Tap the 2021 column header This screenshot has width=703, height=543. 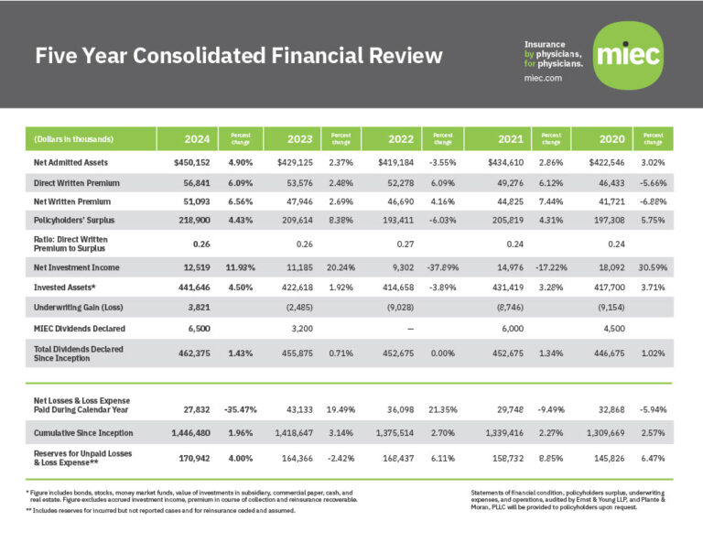pos(511,139)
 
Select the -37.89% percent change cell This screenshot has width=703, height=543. pos(442,268)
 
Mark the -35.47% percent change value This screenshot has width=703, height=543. pos(239,405)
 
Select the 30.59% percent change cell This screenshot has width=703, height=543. pos(653,268)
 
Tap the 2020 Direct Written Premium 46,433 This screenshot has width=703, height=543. pos(611,182)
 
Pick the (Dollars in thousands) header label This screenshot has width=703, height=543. pos(73,139)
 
